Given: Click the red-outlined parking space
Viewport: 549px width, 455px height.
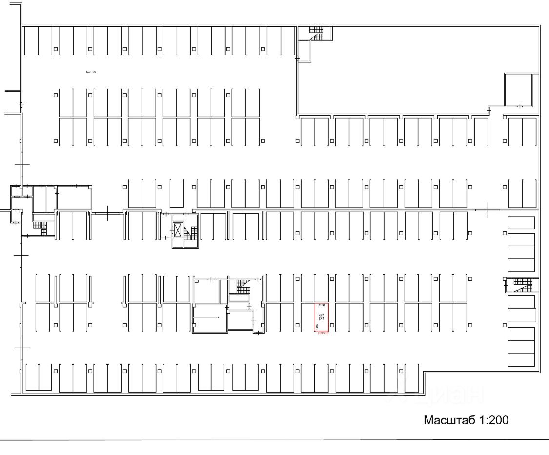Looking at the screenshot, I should point(321,317).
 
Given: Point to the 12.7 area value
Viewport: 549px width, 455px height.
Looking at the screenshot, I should point(321,319).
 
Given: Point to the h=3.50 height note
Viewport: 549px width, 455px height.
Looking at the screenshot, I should point(91,72).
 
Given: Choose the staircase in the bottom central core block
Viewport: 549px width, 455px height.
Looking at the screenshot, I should point(243,286).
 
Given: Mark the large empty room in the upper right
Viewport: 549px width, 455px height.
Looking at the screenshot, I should point(400,68).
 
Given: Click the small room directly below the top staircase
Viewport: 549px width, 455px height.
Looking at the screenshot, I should point(304,51).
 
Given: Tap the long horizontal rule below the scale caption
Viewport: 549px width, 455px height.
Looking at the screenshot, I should point(273,440).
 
